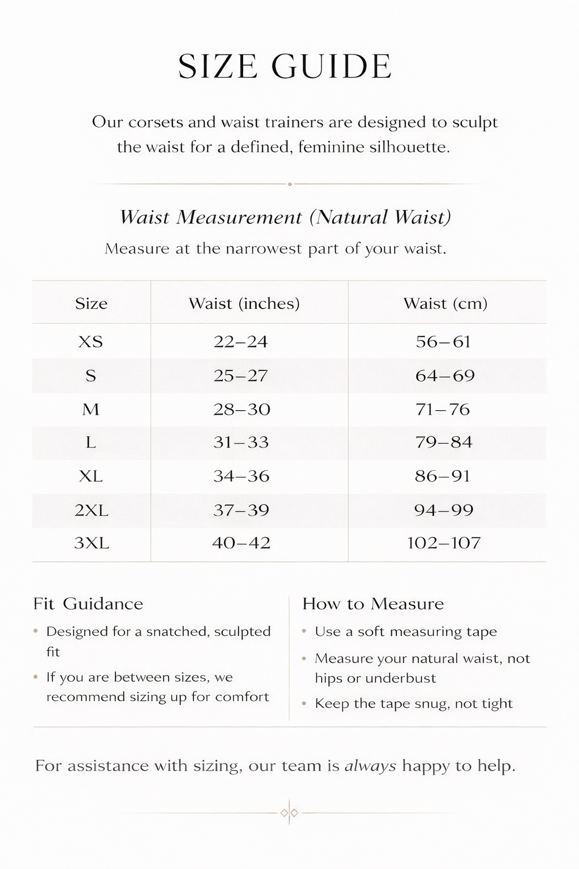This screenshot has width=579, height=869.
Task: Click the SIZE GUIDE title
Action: pos(284,67)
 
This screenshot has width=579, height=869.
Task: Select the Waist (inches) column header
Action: pos(244,304)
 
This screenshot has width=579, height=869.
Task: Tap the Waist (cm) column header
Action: pos(445,304)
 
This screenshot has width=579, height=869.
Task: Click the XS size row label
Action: pos(90,342)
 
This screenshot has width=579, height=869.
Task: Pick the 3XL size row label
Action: pos(92,543)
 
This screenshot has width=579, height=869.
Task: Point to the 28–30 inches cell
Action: pos(241,409)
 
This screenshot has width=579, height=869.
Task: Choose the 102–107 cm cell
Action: pos(444,543)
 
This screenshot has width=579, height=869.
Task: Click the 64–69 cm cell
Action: pos(445,376)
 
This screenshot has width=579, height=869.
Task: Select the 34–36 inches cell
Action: pos(241,476)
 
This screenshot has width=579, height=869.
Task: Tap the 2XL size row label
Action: pos(92,510)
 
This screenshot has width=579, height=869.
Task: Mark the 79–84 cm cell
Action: pos(444,442)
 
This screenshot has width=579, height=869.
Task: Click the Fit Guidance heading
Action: pos(88,604)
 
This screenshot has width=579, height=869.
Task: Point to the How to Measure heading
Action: pos(373,604)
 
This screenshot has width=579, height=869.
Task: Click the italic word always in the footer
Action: pos(370,766)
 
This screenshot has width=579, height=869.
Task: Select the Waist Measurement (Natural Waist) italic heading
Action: pos(286,217)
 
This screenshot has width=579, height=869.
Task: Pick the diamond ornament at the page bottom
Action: pos(289,813)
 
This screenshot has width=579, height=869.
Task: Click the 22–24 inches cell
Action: pos(240,342)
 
